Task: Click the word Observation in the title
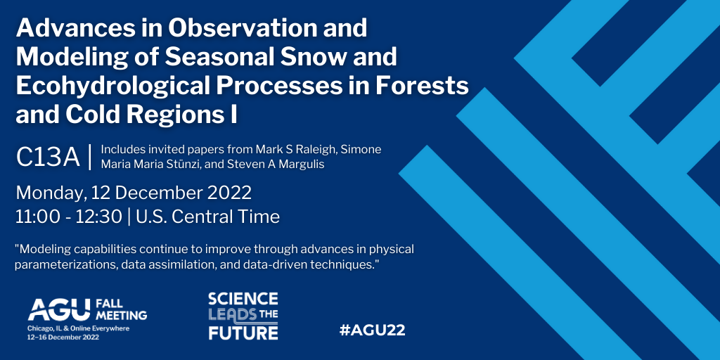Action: (249, 28)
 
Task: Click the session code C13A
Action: (48, 157)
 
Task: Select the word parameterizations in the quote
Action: (60, 266)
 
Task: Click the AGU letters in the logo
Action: (59, 310)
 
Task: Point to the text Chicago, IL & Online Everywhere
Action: (79, 329)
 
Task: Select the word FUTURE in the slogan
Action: (243, 333)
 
